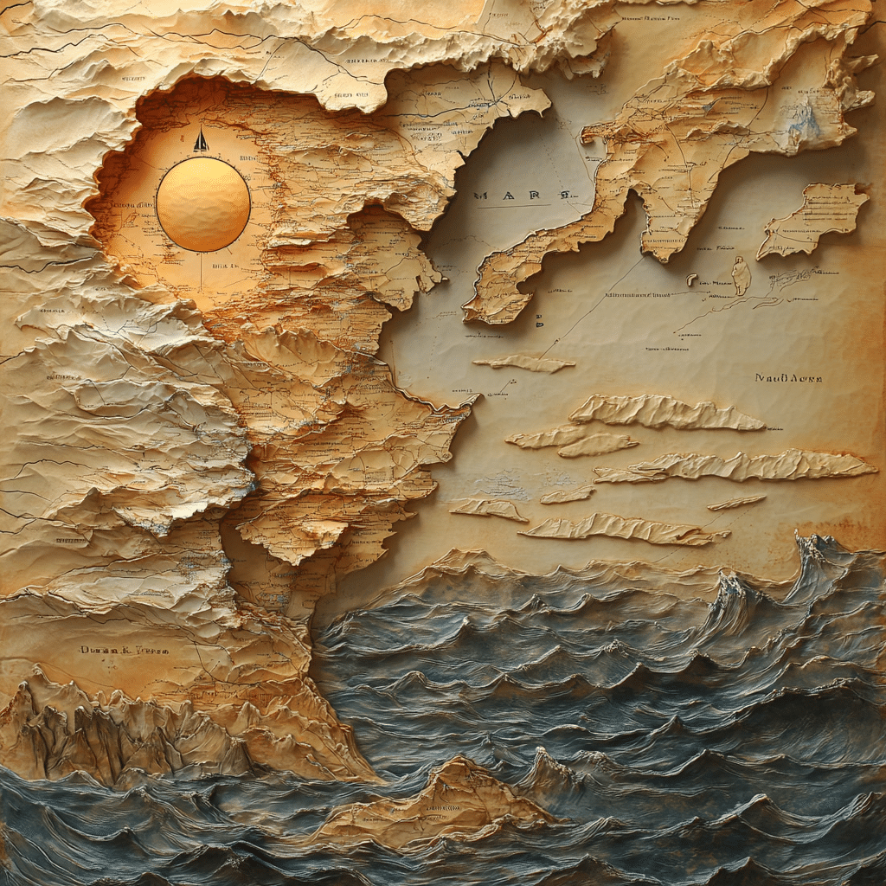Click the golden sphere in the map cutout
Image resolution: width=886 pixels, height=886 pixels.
[x=202, y=204]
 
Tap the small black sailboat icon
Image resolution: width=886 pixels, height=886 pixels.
[x=201, y=141]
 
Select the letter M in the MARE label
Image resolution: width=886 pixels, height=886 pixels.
[x=481, y=195]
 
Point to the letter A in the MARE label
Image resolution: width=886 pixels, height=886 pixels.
[x=510, y=195]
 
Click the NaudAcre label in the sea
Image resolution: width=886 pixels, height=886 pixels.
[x=787, y=378]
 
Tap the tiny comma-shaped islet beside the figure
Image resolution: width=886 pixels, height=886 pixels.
[x=691, y=279]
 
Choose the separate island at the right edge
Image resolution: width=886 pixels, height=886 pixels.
[x=813, y=218]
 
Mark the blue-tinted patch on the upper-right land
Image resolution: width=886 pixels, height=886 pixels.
[x=805, y=125]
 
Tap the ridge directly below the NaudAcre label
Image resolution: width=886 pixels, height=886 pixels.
[x=666, y=412]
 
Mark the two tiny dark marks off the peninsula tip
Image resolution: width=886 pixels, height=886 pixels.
[x=538, y=319]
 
